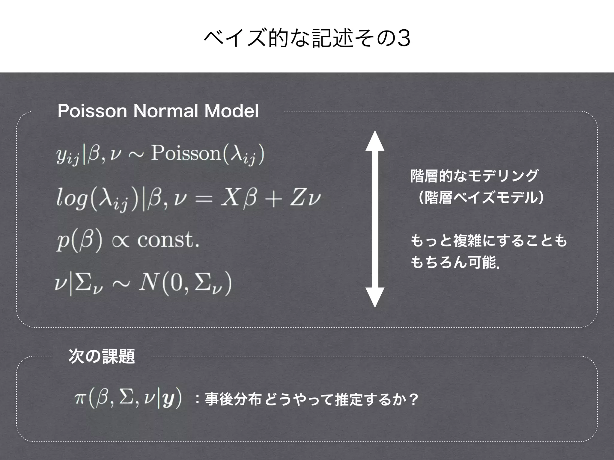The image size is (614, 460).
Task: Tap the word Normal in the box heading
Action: [165, 111]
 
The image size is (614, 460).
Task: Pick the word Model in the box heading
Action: [231, 111]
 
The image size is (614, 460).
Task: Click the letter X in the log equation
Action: [229, 198]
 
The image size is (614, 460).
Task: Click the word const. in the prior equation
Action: [168, 240]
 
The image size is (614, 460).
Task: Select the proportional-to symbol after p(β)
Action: [121, 241]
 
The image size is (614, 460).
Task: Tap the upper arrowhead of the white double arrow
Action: [375, 141]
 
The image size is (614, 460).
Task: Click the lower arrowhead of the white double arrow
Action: [375, 297]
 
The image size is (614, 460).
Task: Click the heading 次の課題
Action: [102, 356]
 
